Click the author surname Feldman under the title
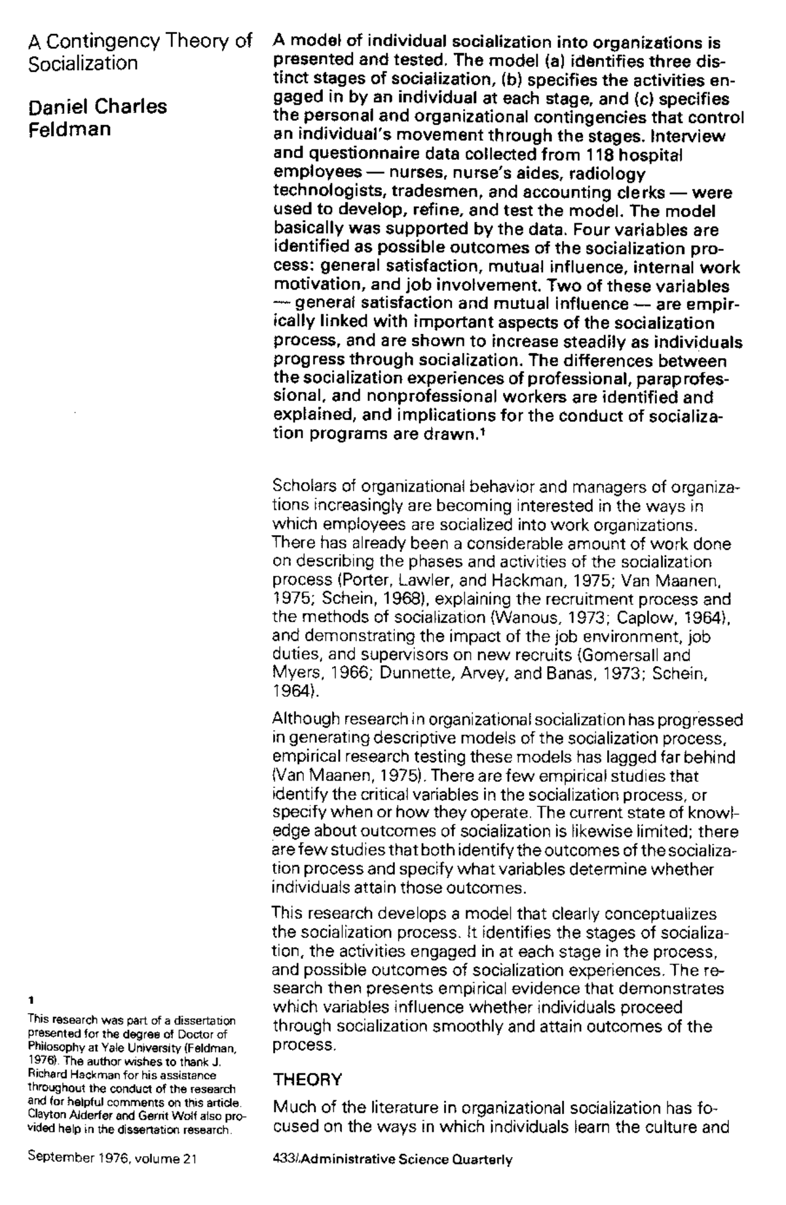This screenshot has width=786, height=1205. (70, 129)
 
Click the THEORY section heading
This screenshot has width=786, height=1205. (307, 1079)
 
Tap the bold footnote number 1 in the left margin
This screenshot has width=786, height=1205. (31, 999)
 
